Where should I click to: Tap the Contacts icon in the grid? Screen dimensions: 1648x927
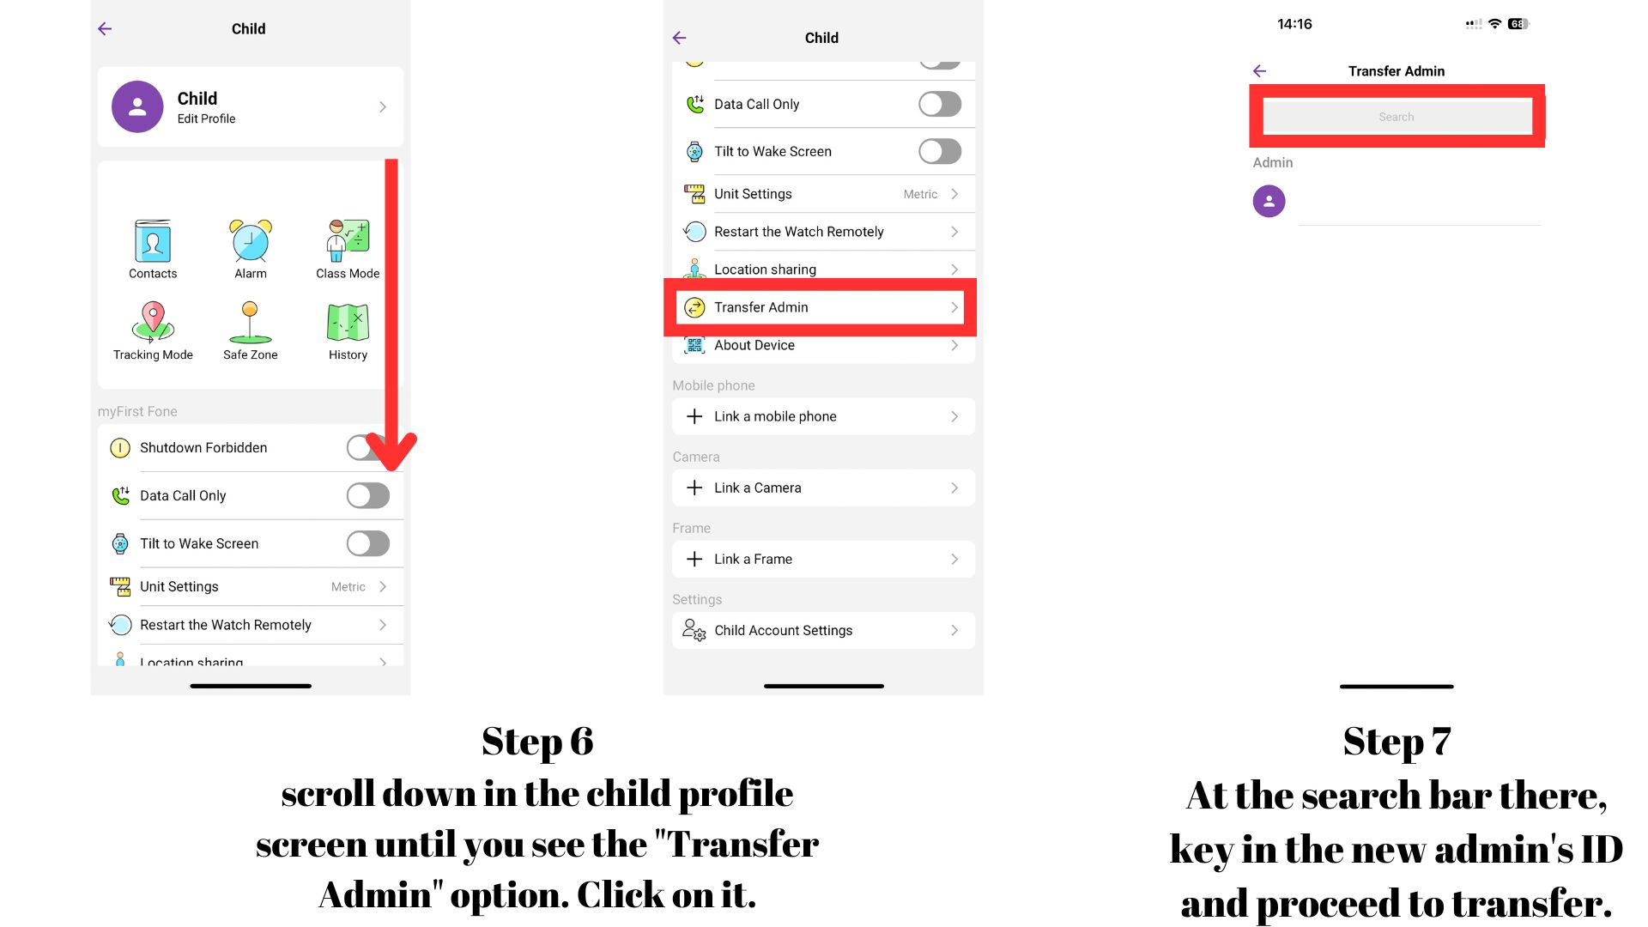[153, 241]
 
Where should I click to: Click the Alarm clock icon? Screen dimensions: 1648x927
[251, 240]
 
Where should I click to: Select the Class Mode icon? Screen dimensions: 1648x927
[348, 240]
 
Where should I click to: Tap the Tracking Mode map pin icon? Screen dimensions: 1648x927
[153, 322]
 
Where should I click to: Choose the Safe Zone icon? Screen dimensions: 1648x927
[250, 322]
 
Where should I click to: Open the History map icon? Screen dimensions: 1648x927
[348, 323]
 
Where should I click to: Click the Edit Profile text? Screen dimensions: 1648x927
[206, 119]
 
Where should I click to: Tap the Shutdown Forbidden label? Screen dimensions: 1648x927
[203, 448]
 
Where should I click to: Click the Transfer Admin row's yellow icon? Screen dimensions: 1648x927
[694, 307]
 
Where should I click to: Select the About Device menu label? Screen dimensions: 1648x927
[754, 345]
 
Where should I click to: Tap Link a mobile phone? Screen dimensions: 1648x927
[775, 416]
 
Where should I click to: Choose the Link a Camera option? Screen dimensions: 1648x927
[758, 488]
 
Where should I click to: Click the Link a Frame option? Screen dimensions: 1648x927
[753, 559]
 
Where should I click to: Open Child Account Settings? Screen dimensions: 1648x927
[784, 630]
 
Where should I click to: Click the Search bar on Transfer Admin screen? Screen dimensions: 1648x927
[1397, 117]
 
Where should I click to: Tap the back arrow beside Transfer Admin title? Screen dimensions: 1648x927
[1259, 71]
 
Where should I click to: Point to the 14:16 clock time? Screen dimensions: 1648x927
[1294, 24]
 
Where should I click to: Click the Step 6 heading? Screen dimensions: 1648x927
[537, 742]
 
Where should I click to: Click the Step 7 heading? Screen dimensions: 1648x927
[1397, 742]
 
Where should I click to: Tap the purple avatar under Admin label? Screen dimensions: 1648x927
[1269, 202]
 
